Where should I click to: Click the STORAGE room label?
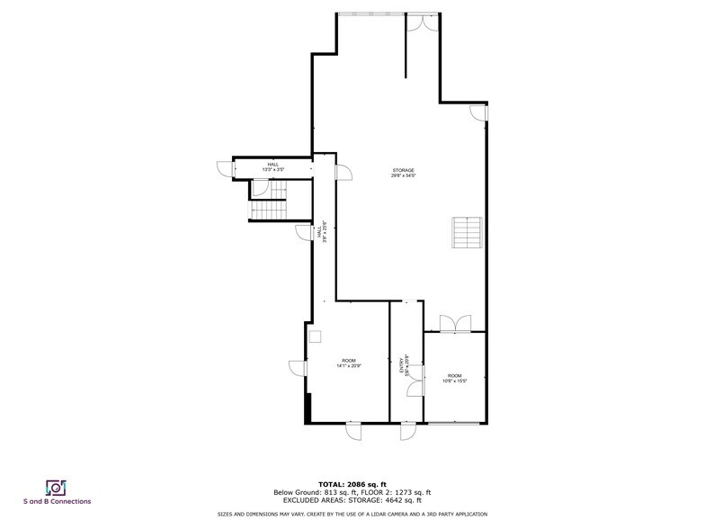403,170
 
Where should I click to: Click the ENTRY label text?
402,365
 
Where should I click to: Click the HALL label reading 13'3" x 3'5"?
272,165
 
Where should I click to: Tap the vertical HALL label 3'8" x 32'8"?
322,231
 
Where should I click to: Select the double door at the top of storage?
416,23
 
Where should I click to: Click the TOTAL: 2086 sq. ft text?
352,484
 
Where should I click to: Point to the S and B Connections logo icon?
57,487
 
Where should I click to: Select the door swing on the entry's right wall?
415,387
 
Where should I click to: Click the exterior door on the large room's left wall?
298,368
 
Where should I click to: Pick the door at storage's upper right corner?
479,113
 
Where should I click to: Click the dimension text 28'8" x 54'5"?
403,175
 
